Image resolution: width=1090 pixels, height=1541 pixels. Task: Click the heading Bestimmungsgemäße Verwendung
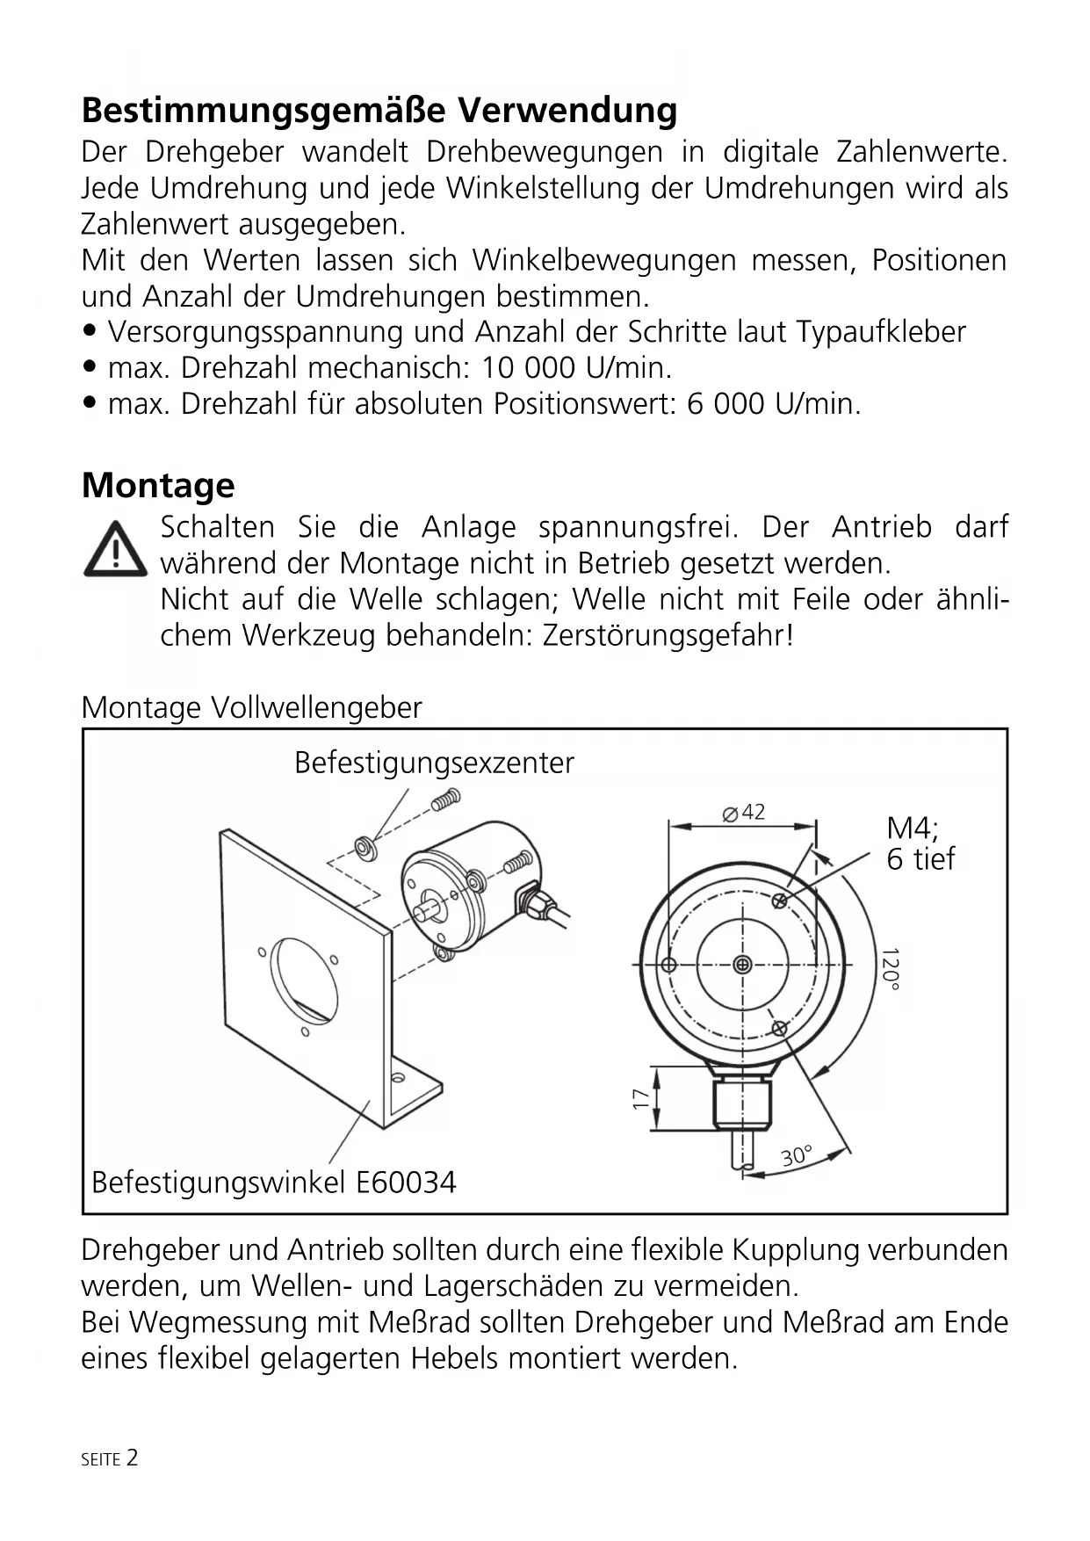click(x=379, y=111)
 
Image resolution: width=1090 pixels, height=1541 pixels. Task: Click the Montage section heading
click(x=158, y=485)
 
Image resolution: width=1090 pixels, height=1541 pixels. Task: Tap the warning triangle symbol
click(x=115, y=550)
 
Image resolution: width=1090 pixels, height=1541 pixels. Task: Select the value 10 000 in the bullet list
click(x=528, y=368)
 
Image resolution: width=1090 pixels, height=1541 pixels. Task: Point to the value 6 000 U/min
click(x=773, y=404)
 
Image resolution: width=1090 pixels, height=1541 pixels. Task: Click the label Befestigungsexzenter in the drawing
click(x=434, y=763)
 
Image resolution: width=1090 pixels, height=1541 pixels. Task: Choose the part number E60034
click(x=406, y=1183)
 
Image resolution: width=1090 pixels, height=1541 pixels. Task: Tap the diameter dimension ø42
click(x=744, y=813)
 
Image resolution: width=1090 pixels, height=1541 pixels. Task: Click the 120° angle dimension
click(x=891, y=969)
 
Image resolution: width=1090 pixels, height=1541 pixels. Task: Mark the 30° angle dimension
click(x=797, y=1156)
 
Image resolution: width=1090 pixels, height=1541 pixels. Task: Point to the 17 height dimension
click(x=641, y=1098)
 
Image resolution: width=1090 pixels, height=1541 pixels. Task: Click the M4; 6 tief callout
click(x=920, y=843)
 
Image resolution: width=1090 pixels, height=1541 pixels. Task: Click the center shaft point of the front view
click(x=743, y=966)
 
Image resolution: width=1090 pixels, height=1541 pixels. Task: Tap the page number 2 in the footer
click(x=132, y=1458)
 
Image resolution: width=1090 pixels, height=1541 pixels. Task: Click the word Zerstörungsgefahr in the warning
click(x=667, y=635)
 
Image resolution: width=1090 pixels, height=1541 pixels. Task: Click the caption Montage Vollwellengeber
click(x=251, y=707)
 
